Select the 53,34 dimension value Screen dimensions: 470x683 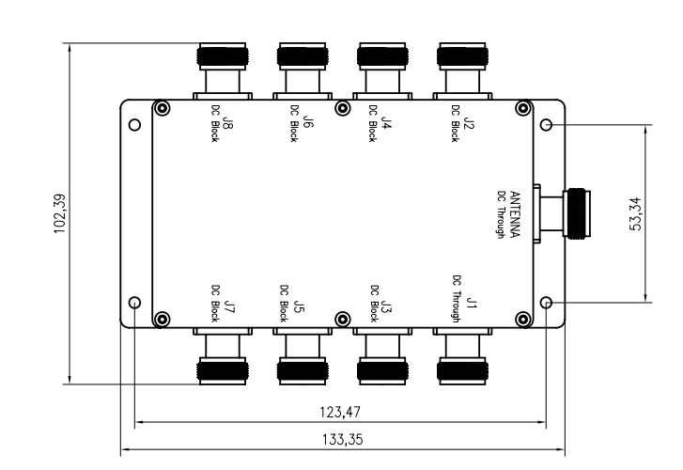click(x=638, y=213)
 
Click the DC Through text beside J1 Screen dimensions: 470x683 click(x=456, y=299)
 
